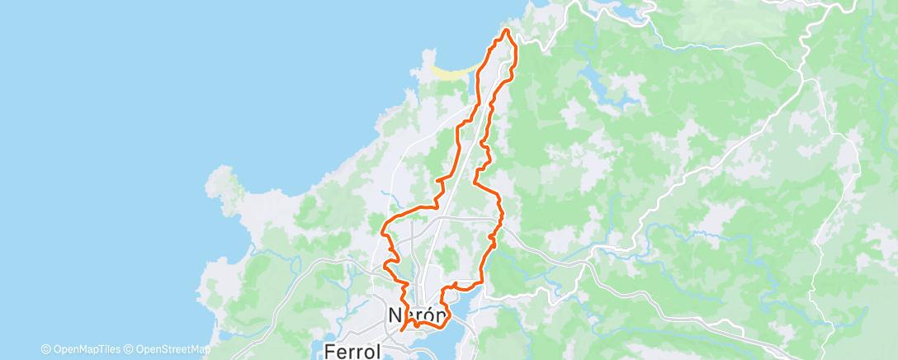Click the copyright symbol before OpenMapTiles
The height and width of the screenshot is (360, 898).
pyautogui.click(x=45, y=349)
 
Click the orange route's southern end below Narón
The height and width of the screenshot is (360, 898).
pyautogui.click(x=402, y=329)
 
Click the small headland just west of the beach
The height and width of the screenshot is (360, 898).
pyautogui.click(x=428, y=59)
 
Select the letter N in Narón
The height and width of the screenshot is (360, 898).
pyautogui.click(x=395, y=315)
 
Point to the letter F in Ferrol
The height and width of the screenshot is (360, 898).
pyautogui.click(x=329, y=349)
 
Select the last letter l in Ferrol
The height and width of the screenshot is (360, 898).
pyautogui.click(x=377, y=349)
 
